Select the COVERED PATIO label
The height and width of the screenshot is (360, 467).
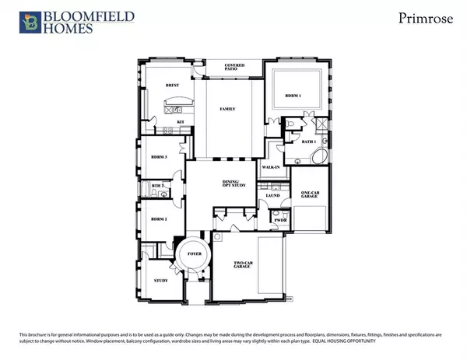click(x=234, y=68)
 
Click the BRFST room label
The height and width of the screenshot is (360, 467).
click(x=173, y=86)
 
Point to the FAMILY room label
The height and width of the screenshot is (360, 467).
click(x=228, y=109)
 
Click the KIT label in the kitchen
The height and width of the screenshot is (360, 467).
click(x=180, y=122)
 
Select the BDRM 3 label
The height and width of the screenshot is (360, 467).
click(x=160, y=156)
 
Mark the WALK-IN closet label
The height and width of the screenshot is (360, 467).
click(x=270, y=167)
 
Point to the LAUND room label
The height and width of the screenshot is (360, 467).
click(x=272, y=196)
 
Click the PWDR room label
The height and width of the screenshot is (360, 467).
click(x=279, y=220)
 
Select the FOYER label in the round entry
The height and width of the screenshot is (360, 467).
click(x=191, y=253)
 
